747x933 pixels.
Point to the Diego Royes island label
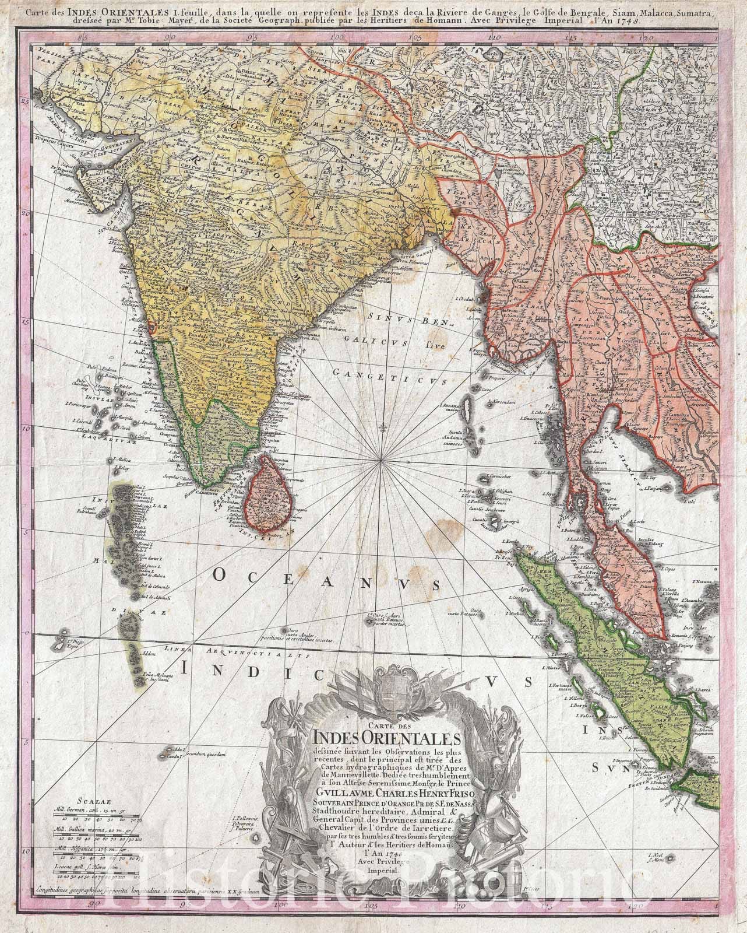65,644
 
